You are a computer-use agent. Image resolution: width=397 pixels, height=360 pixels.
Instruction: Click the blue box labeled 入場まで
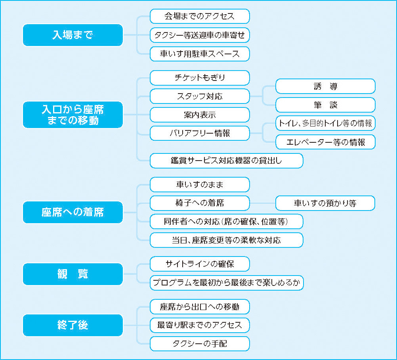coord(73,35)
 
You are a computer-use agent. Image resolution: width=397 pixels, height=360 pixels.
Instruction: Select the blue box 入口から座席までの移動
coord(73,115)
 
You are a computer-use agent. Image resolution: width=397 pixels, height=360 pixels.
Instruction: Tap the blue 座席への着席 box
coord(73,212)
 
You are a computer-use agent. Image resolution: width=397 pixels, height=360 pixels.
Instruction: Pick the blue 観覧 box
coord(73,274)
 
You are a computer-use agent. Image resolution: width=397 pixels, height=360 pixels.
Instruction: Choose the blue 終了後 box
coord(73,325)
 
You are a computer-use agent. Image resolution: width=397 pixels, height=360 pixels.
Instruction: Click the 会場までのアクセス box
coord(200,16)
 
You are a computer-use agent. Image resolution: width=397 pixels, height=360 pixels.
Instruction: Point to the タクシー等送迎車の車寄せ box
coord(200,35)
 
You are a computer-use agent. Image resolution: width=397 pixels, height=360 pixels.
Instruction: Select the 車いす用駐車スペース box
coord(200,54)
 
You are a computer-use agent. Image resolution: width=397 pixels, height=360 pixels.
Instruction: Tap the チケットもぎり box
coord(200,78)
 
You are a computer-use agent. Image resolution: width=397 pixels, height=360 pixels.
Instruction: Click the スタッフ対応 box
coord(200,96)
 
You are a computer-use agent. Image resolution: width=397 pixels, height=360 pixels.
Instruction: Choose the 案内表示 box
coord(200,115)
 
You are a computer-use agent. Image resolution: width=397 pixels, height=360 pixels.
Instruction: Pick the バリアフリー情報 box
coord(200,133)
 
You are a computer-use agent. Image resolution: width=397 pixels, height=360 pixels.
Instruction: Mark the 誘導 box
coord(325,86)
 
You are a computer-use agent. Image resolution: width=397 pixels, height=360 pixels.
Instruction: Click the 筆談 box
coord(325,105)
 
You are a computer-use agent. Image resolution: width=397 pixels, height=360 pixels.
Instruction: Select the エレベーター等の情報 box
coord(325,142)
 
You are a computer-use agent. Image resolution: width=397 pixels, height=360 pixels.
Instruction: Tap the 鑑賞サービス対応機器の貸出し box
coord(227,161)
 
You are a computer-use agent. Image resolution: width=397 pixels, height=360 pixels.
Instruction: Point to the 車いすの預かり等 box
coord(325,203)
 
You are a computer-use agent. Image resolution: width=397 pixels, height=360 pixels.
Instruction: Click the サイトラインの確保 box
coord(200,264)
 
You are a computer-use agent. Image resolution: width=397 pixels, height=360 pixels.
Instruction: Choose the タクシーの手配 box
coord(200,344)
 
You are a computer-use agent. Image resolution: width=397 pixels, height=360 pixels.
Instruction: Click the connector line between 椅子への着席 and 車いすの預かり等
coord(263,203)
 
